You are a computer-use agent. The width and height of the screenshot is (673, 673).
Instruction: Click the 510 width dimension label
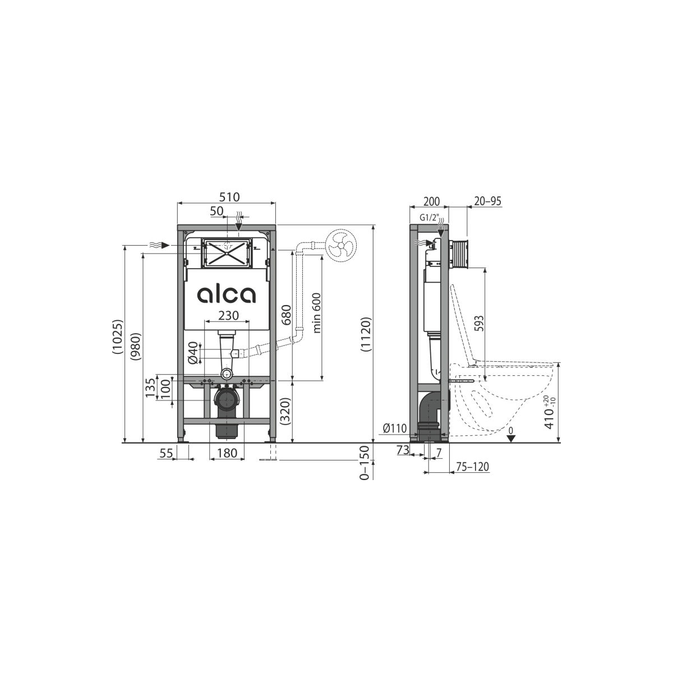[x=229, y=197]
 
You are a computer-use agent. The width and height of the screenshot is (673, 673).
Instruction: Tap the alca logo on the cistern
[x=227, y=295]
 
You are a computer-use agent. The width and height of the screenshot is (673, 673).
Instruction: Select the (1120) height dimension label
[x=366, y=334]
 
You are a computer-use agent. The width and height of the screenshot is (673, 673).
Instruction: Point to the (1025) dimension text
[x=118, y=337]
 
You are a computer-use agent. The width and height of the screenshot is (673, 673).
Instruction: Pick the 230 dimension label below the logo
[x=228, y=315]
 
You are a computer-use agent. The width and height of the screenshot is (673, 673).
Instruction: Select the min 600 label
[x=317, y=313]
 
